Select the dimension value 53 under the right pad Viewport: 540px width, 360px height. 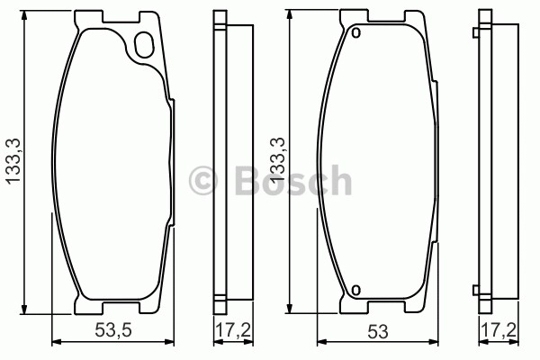[378, 332]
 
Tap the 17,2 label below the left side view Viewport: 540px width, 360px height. [233, 330]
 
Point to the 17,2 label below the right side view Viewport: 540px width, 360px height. [499, 330]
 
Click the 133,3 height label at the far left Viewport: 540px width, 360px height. [14, 161]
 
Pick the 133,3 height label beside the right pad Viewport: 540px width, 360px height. [277, 160]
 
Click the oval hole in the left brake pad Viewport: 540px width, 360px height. [144, 45]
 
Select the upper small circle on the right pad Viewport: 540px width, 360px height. [356, 33]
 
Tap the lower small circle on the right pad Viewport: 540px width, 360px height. [356, 290]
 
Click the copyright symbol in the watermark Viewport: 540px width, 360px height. [203, 180]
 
